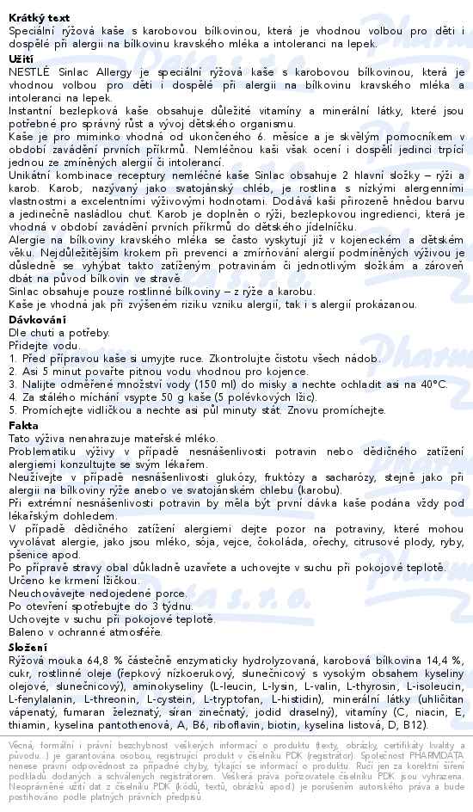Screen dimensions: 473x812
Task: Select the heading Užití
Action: click(21, 58)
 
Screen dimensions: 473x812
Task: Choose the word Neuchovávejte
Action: click(52, 594)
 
